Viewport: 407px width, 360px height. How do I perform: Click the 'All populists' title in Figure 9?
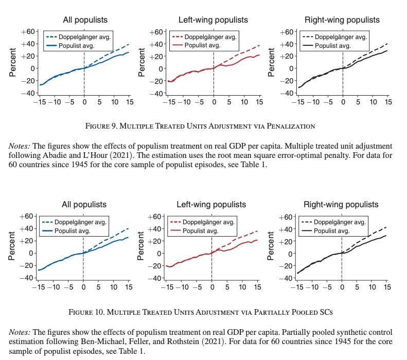point(85,20)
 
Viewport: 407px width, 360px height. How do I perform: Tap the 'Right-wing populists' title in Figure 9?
point(342,20)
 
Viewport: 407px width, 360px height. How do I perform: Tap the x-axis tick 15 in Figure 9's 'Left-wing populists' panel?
point(259,102)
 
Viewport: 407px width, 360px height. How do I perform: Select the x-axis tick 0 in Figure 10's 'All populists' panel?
point(83,286)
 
